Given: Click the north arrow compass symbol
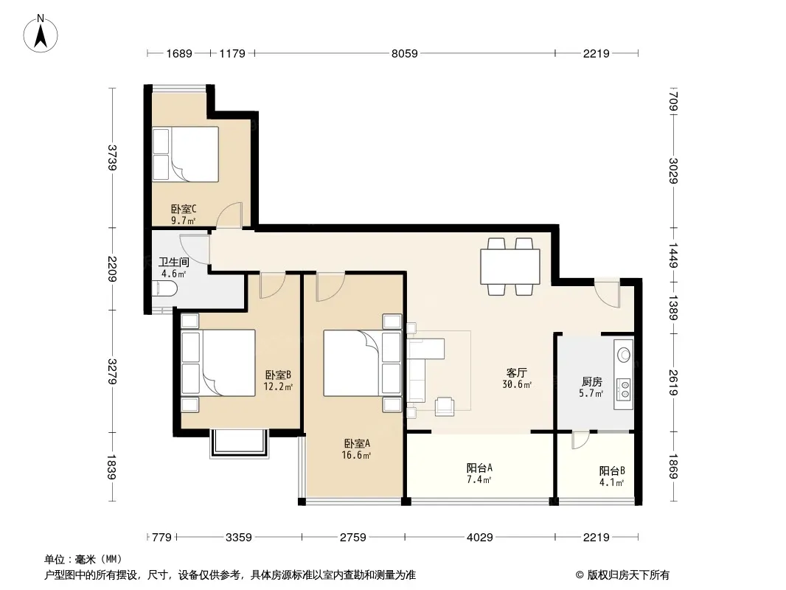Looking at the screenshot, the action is pos(41,34).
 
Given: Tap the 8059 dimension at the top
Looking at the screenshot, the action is pos(405,53).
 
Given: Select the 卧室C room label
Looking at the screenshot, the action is pos(184,209).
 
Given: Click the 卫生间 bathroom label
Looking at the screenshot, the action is pos(173,262).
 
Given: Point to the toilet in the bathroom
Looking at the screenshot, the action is pos(164,289).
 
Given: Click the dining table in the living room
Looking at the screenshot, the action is pos(510,266).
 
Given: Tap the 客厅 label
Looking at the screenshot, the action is pos(516,373).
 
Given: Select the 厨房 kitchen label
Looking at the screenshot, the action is pos(592,382).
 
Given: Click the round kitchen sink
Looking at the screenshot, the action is pos(624,355).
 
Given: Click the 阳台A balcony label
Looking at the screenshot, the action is pos(479,468).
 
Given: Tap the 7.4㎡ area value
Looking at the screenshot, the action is pos(479,479).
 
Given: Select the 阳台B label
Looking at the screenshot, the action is pos(612,471).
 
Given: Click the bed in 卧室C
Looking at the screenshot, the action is pos(186,154).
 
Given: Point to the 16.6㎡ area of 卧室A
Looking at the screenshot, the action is pos(356,455).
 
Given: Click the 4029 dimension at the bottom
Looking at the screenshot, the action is pos(480,538).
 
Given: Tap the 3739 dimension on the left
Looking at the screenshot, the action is pos(112,157).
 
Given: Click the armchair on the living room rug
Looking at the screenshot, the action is pos(445,406).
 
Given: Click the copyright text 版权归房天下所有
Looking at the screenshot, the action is pos(628,575).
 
